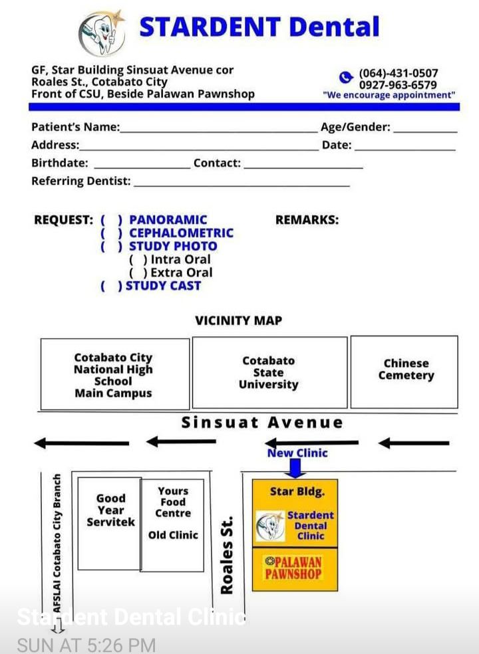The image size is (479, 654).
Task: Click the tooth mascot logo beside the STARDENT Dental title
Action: [x=102, y=33]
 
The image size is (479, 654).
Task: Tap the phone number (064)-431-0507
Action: [x=399, y=73]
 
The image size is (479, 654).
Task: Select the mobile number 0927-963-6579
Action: [x=398, y=84]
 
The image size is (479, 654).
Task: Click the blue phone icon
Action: [x=346, y=77]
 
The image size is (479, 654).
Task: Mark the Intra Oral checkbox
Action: [x=138, y=260]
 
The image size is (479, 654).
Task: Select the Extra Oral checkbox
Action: [x=138, y=272]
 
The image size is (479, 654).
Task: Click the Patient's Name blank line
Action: [x=219, y=132]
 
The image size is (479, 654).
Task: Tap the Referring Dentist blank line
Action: [x=241, y=185]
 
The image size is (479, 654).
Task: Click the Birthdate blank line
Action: [x=142, y=167]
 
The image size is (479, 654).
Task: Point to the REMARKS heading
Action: [x=307, y=220]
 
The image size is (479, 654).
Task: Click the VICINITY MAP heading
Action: [x=238, y=320]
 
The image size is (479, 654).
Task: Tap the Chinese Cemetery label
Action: [x=406, y=369]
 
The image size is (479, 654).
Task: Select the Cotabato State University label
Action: [x=269, y=372]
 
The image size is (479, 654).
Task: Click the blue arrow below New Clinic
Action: [x=295, y=469]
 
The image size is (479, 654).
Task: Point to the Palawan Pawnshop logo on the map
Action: [x=293, y=568]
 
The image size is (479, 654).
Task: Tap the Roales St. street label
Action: [x=226, y=555]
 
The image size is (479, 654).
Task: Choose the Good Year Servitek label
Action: [x=110, y=510]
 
